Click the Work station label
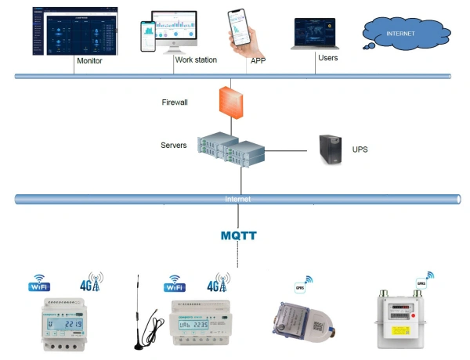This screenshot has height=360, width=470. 195,59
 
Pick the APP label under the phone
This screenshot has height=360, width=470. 258,60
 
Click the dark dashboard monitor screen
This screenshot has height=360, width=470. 69,30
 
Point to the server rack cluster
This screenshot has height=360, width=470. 233,146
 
